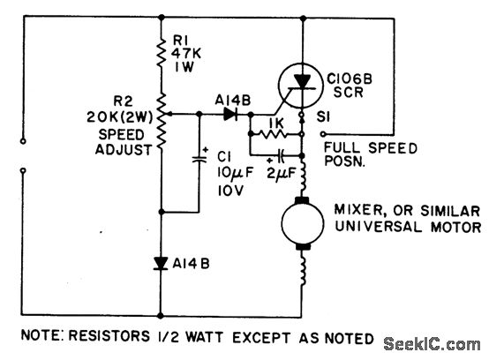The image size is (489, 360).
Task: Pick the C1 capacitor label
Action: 224,156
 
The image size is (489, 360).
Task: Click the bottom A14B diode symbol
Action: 162,262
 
